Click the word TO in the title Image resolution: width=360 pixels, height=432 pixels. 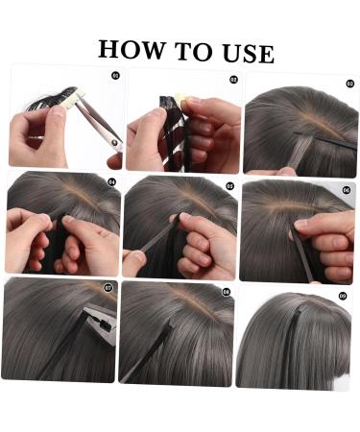(188, 50)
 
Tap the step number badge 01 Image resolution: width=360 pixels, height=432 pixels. (116, 74)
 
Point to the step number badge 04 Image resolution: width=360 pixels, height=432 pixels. (111, 180)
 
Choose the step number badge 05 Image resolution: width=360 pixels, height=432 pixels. (229, 185)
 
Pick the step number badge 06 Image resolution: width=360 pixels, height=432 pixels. (347, 190)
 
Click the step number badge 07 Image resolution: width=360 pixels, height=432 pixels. (108, 285)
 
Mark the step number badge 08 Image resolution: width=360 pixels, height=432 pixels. (226, 291)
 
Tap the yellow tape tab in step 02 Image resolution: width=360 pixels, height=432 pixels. (180, 99)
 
